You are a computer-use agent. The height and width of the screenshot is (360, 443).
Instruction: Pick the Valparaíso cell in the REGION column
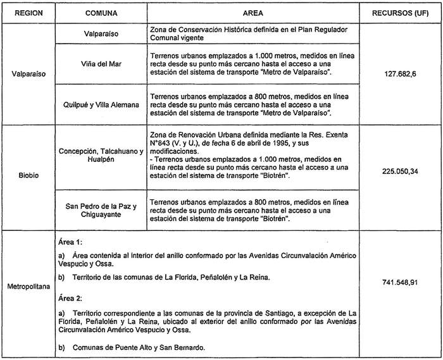pyautogui.click(x=27, y=73)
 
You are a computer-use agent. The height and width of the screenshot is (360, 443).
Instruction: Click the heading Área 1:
pyautogui.click(x=69, y=242)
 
